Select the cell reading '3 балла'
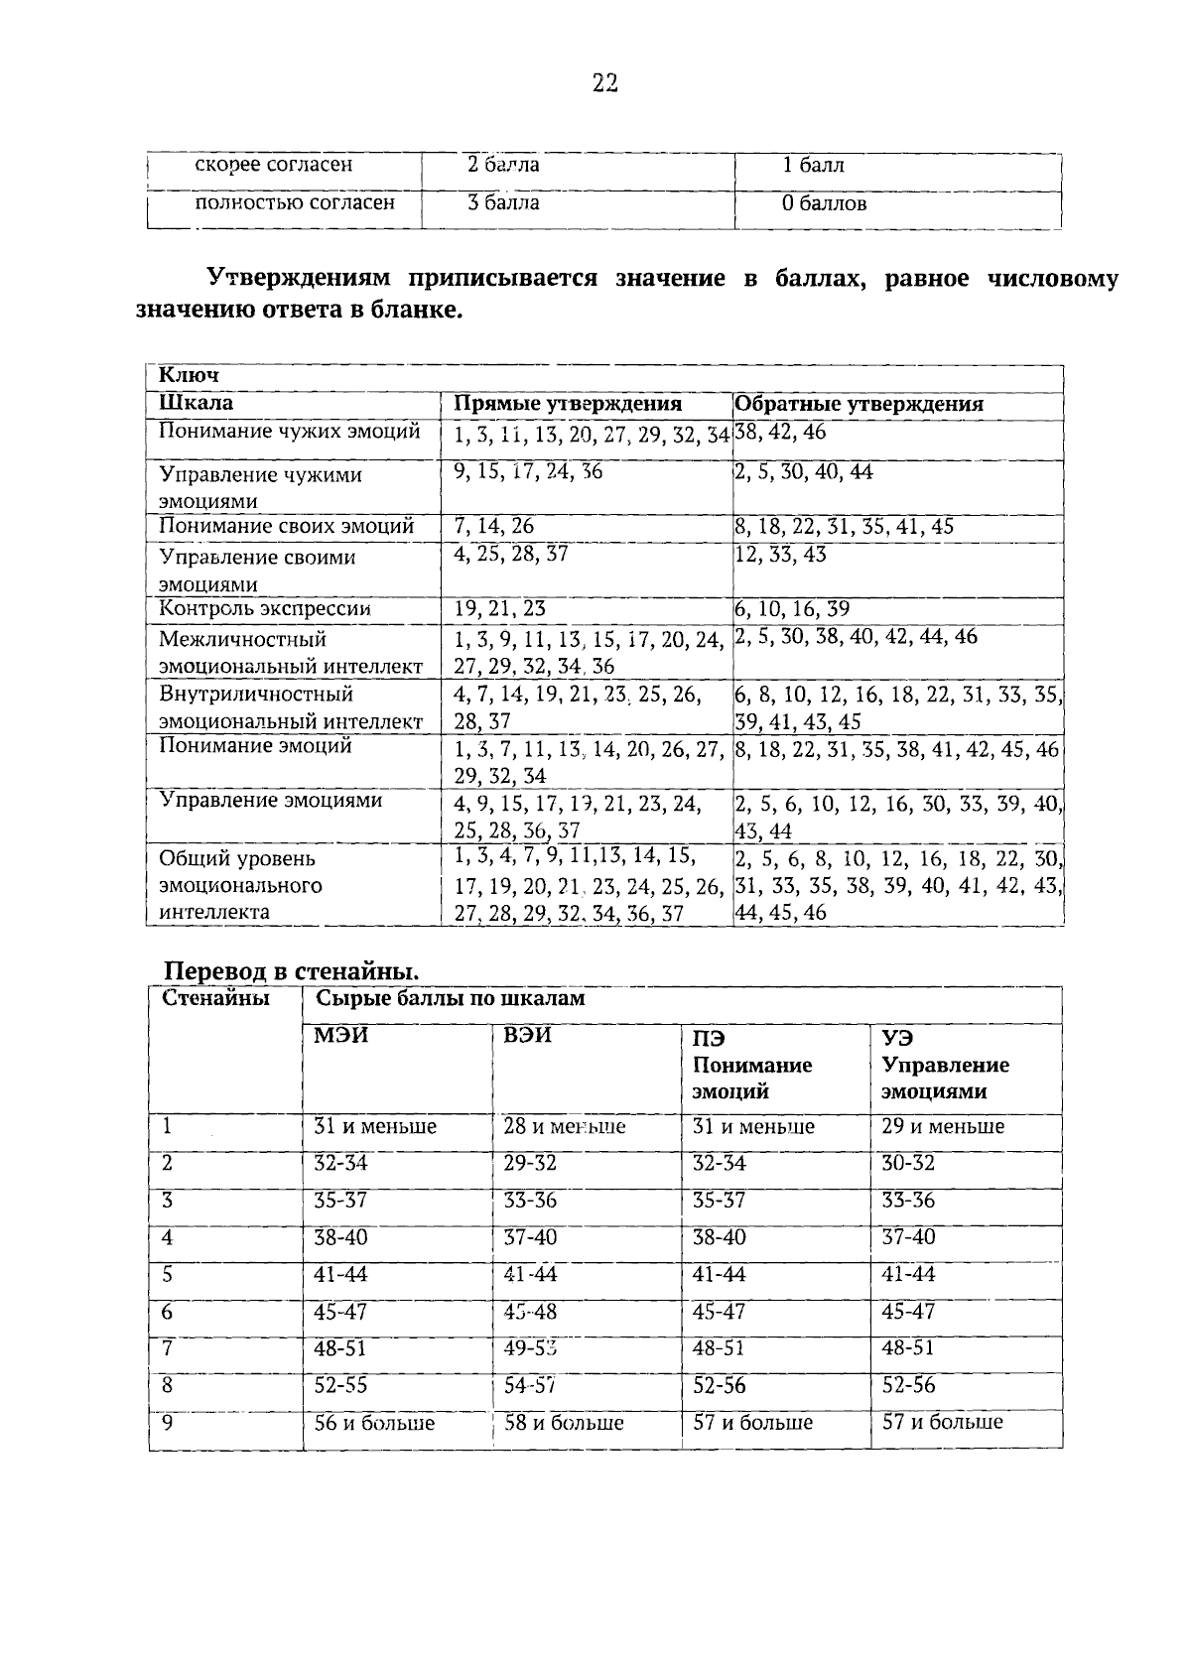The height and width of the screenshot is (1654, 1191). pyautogui.click(x=503, y=203)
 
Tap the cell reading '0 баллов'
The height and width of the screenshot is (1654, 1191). pyautogui.click(x=824, y=204)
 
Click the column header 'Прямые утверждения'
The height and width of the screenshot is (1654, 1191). pyautogui.click(x=568, y=404)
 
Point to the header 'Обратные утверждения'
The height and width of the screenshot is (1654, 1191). pyautogui.click(x=859, y=404)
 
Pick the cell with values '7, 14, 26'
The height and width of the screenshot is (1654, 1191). pyautogui.click(x=493, y=527)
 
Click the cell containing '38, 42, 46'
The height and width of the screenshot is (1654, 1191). pyautogui.click(x=780, y=433)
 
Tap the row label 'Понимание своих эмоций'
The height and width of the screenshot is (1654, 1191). pyautogui.click(x=287, y=527)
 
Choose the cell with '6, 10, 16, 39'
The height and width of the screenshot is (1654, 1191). pyautogui.click(x=791, y=609)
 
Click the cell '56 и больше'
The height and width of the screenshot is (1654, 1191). pyautogui.click(x=374, y=1423)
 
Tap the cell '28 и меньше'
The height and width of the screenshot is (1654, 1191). pyautogui.click(x=564, y=1127)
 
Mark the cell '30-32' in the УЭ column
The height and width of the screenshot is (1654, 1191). pyautogui.click(x=908, y=1164)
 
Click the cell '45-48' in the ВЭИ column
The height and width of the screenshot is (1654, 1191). pyautogui.click(x=530, y=1312)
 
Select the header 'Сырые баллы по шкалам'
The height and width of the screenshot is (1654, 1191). pyautogui.click(x=450, y=999)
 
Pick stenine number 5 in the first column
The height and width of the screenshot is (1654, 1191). pyautogui.click(x=168, y=1275)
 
